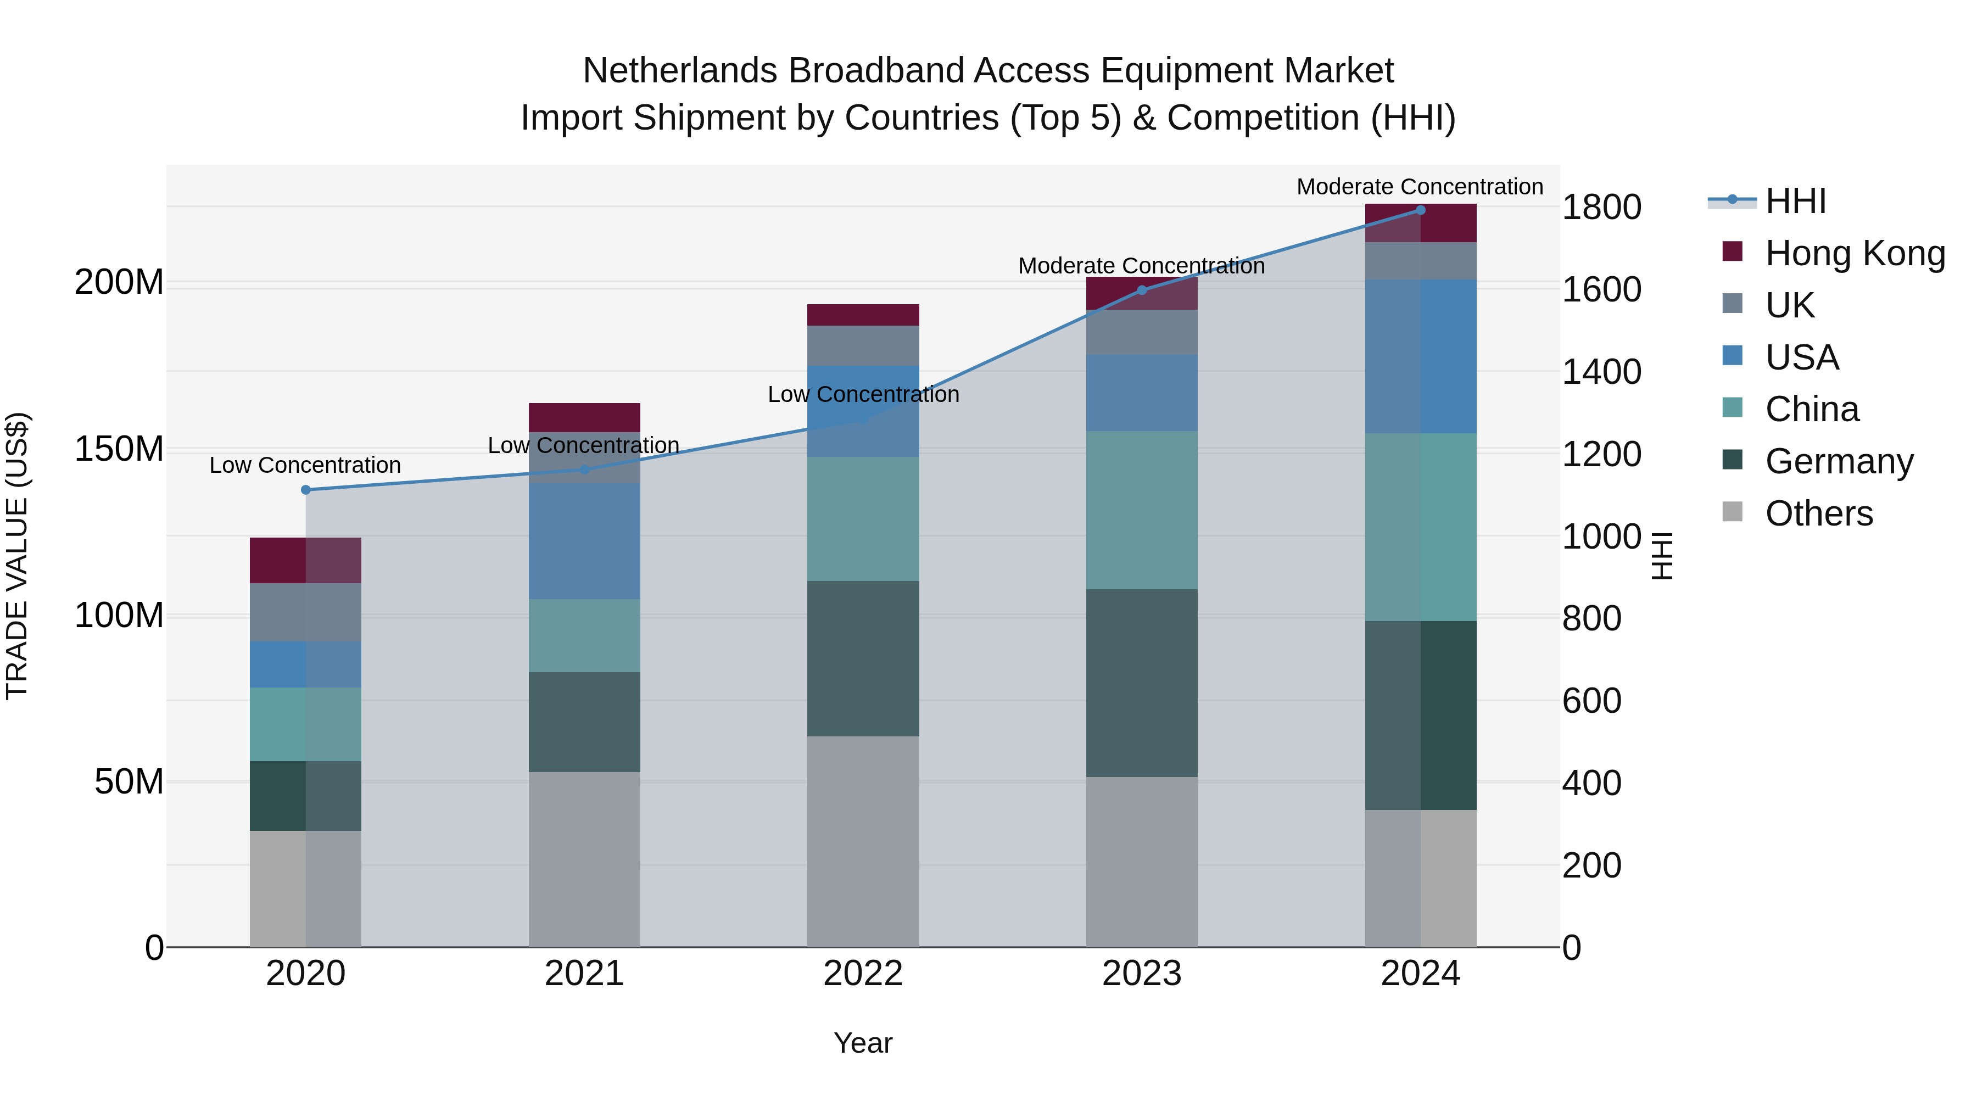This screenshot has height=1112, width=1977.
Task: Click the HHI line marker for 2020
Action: point(305,490)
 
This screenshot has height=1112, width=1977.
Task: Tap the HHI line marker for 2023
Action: point(1141,290)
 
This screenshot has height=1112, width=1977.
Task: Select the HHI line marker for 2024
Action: point(1420,210)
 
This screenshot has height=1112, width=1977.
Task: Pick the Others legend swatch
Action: point(1732,512)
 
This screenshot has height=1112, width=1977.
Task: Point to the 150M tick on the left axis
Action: point(119,449)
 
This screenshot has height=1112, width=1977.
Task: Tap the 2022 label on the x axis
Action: point(863,974)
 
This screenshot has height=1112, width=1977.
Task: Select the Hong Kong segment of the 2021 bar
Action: point(584,417)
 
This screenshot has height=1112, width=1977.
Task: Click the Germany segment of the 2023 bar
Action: point(1141,683)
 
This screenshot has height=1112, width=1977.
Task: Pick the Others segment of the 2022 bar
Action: point(863,841)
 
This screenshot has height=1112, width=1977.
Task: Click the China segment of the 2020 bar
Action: point(305,724)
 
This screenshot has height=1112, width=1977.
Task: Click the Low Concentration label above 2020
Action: point(305,465)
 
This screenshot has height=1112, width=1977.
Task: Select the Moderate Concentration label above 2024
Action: point(1420,187)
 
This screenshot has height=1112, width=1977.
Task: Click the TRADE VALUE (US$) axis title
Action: point(17,556)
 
